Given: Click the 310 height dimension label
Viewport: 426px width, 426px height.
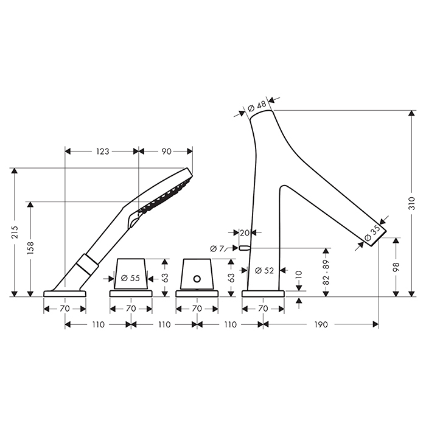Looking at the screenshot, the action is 412,203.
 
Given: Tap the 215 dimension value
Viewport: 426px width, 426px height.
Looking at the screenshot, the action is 15,232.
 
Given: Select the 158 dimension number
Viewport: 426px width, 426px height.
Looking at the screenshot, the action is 30,248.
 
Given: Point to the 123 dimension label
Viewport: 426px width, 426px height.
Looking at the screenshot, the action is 102,152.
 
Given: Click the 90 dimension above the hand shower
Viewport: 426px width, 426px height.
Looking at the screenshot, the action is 167,152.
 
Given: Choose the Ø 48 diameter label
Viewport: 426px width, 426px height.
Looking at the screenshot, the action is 257,106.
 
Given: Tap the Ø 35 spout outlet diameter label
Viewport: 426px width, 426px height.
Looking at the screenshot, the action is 372,234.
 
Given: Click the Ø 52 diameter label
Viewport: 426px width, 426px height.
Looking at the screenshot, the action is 264,270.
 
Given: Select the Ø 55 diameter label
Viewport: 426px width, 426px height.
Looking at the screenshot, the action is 130,278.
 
